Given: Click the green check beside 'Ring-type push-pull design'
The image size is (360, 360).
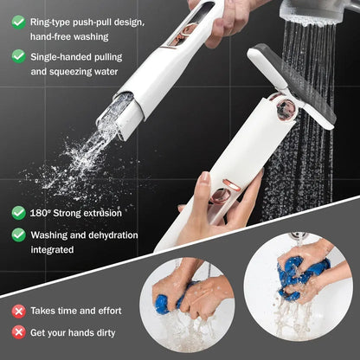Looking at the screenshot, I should (x=18, y=21).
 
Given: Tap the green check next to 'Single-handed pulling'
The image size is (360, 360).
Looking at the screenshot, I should (x=18, y=55).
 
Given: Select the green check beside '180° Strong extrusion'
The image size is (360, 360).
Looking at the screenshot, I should (x=18, y=212).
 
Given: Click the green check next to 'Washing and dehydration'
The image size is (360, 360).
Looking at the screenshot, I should (x=18, y=234).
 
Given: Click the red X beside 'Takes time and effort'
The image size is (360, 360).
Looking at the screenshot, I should (x=18, y=310).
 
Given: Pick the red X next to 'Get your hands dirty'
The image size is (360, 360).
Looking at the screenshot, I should (x=18, y=331).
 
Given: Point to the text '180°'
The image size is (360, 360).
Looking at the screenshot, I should (x=41, y=212).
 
